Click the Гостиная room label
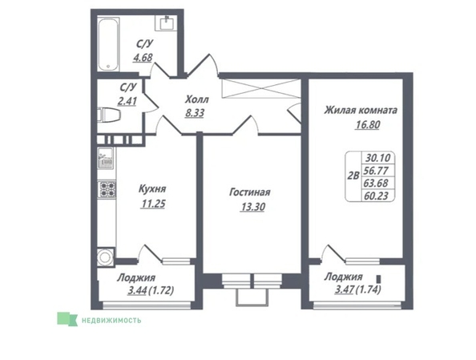coord(249,193)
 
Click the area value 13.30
coord(249,207)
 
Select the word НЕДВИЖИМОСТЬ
coord(111,319)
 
